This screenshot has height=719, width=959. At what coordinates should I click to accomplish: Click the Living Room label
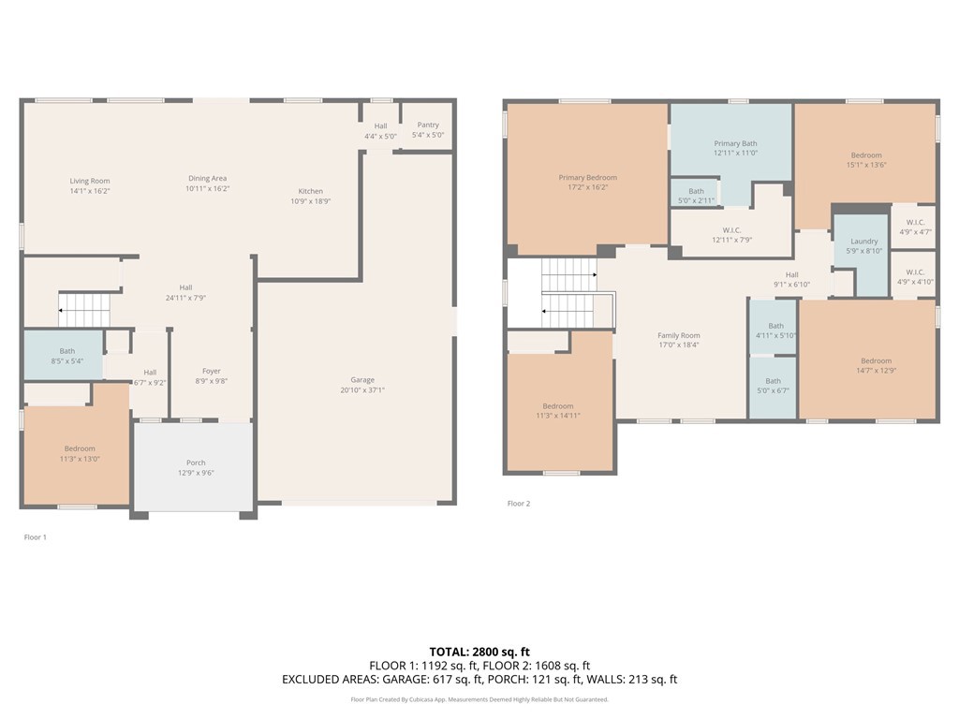coord(90,181)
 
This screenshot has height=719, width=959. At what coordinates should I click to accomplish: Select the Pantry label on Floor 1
coord(428,125)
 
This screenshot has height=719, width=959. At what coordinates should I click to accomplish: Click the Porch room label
coord(196,462)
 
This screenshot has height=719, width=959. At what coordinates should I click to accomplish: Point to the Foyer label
coord(211,371)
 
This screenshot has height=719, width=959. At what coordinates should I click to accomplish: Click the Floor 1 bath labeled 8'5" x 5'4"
coord(66,356)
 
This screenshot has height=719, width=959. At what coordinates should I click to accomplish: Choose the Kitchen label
coord(310,191)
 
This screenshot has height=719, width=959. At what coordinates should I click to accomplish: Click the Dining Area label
coord(207,178)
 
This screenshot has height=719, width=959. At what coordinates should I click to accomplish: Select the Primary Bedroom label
coord(587,177)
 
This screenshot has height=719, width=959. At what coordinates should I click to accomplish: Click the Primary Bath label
coord(735,143)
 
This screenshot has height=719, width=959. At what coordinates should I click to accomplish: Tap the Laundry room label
coord(863,241)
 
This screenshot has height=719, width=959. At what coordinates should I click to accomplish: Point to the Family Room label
coord(678,335)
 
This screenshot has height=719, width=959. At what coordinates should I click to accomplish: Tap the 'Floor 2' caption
coord(519,504)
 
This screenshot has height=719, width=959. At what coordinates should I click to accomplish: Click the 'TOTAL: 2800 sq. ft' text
coord(479,652)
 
